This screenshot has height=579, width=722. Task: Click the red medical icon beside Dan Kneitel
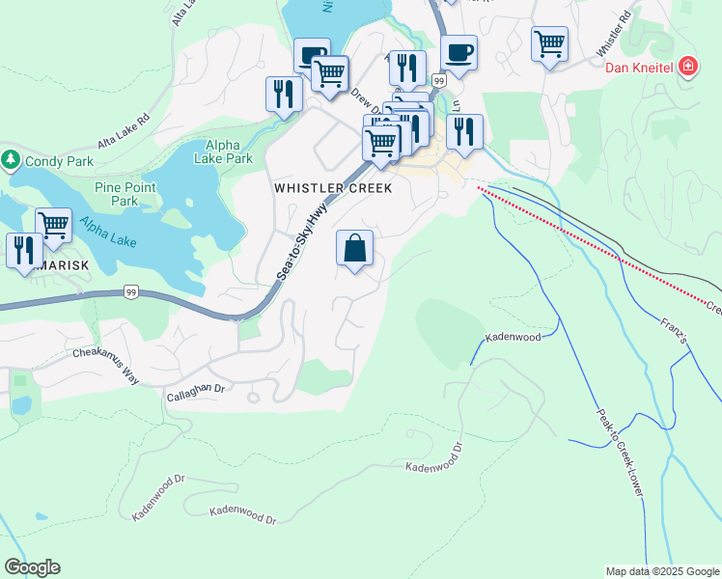[x=688, y=67]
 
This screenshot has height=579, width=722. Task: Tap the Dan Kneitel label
[x=640, y=68]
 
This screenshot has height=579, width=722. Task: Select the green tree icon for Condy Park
[x=12, y=160]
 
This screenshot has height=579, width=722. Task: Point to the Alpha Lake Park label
[x=222, y=152]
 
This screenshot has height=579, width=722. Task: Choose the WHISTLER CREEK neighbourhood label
[x=333, y=188]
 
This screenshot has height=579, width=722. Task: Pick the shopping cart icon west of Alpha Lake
[x=53, y=226]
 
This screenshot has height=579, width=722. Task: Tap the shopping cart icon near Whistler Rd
[x=549, y=43]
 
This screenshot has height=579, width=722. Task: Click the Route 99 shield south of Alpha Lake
[x=131, y=291]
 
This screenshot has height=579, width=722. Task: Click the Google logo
[x=32, y=567]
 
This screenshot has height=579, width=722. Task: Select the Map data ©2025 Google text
[x=661, y=571]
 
